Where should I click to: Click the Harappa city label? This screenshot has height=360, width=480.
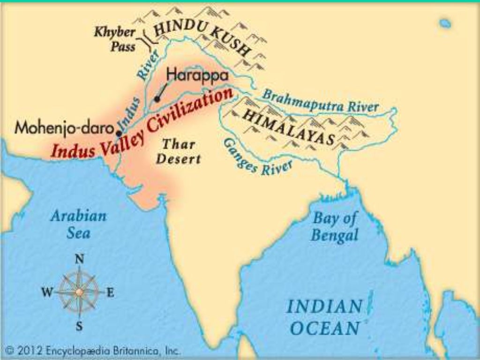[x=197, y=75]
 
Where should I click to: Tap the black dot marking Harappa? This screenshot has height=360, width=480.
[x=157, y=99]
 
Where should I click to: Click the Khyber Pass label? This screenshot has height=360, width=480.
[x=115, y=40]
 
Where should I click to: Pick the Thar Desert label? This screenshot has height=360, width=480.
[x=178, y=151]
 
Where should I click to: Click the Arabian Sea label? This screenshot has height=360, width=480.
[x=78, y=224]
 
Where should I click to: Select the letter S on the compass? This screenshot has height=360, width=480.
[x=80, y=326]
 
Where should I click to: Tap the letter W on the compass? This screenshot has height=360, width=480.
[x=47, y=293]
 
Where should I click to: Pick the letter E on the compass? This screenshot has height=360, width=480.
[x=111, y=293]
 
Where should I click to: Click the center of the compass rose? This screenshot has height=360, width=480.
[x=80, y=292]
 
